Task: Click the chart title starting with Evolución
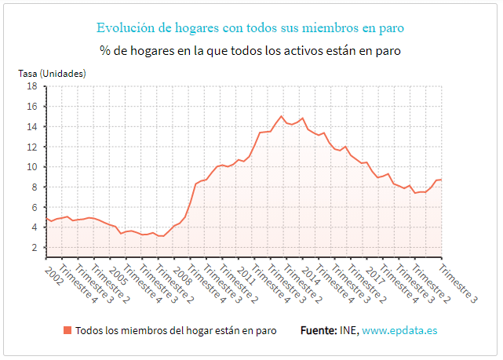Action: coord(250,28)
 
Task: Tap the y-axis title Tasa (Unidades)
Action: coord(52,73)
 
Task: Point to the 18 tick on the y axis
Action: coord(33,86)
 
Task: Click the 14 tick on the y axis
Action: coord(33,126)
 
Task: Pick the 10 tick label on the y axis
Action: coord(33,167)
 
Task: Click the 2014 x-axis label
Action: coord(312,275)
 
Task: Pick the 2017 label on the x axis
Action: coord(377,275)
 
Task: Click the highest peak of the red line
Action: coord(281,116)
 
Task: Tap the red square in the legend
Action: coord(67,330)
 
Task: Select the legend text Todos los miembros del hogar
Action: coord(170,330)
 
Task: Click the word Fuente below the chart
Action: coord(318,330)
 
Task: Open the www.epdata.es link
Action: coord(399,330)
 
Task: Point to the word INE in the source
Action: coord(348,330)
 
